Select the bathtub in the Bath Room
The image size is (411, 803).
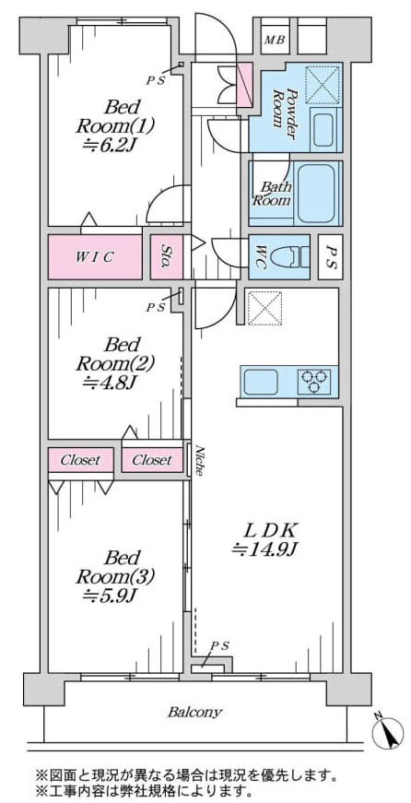[315, 193]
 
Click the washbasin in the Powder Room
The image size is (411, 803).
[323, 130]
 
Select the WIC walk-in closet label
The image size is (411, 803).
[95, 257]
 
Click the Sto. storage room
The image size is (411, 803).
[167, 256]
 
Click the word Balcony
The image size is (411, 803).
[195, 713]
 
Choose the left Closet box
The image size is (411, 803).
[80, 460]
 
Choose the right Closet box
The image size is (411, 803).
[152, 460]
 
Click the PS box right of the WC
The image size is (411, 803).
[331, 256]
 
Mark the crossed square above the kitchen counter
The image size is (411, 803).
[264, 308]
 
